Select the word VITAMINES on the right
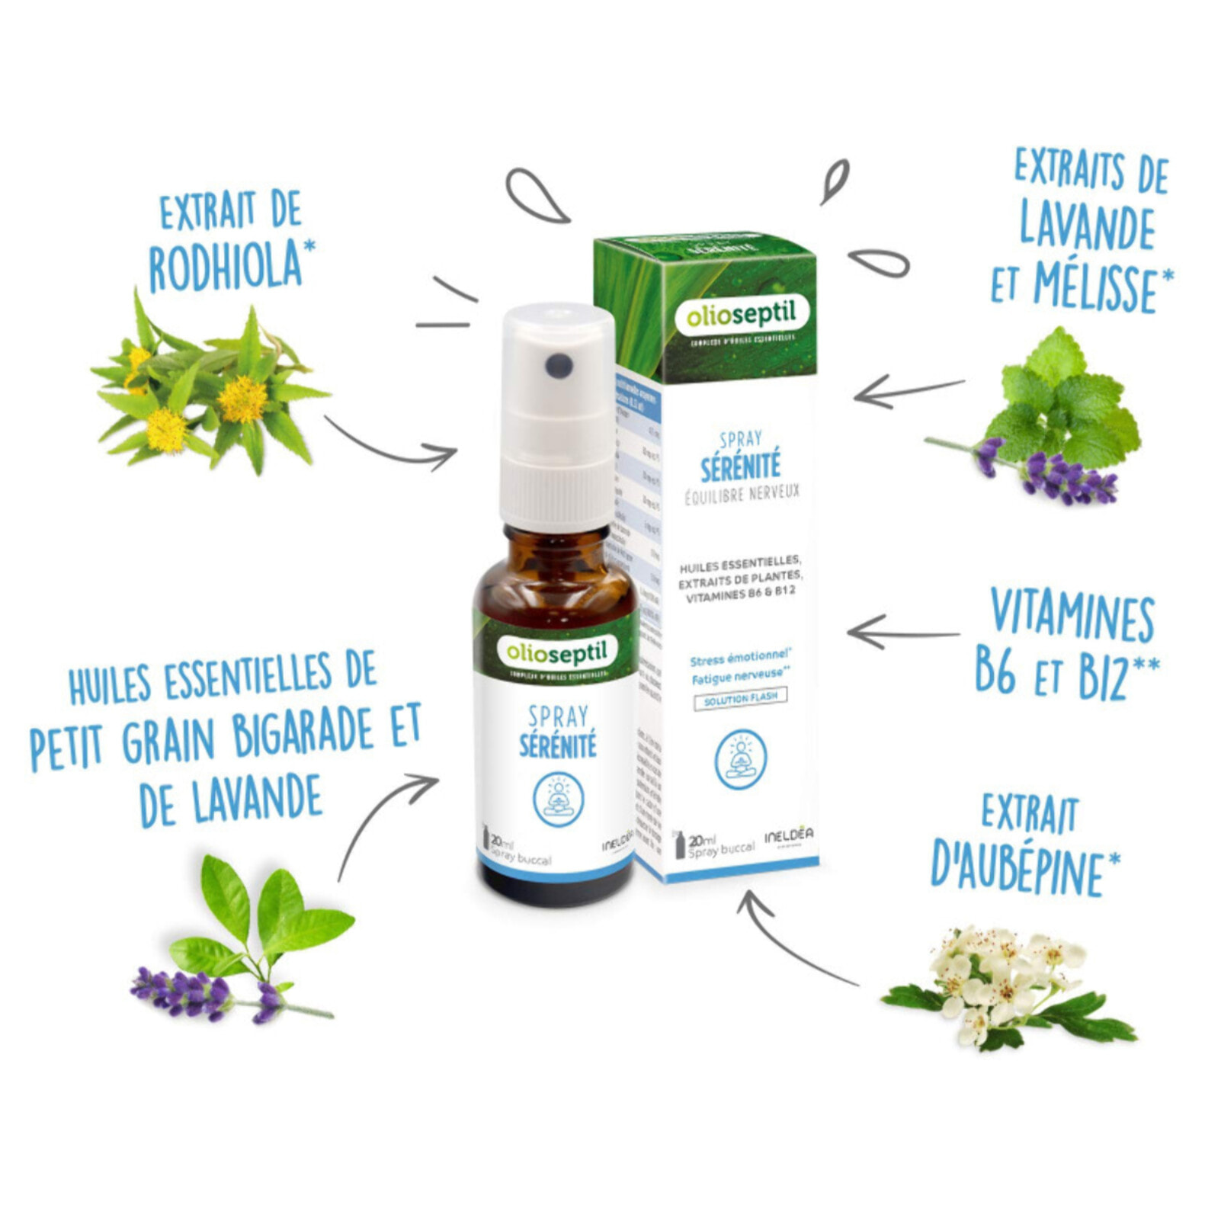pyautogui.click(x=1072, y=616)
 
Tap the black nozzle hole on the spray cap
pyautogui.click(x=559, y=366)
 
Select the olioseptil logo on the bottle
pyautogui.click(x=556, y=652)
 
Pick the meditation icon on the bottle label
pyautogui.click(x=558, y=799)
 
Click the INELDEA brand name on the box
pyautogui.click(x=788, y=835)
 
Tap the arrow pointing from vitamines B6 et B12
pyautogui.click(x=903, y=633)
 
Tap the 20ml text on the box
pyautogui.click(x=697, y=841)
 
